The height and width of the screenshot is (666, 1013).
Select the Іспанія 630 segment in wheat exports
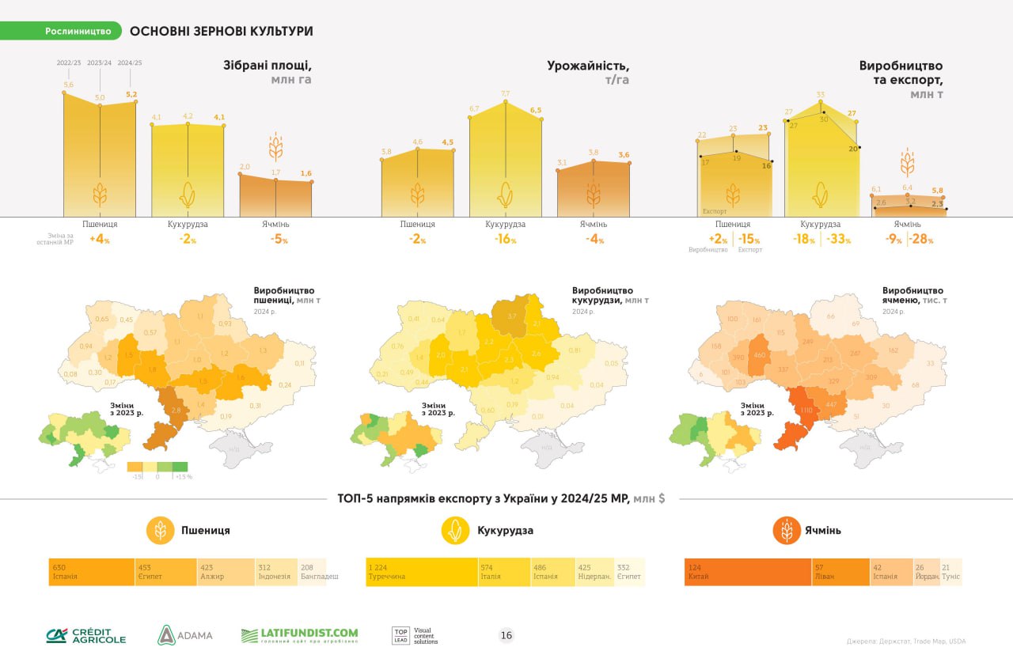pos(91,572)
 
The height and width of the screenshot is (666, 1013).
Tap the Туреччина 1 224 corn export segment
pos(421,572)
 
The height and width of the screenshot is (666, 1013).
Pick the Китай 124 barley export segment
pos(747,572)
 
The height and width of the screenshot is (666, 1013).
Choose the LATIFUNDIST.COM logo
pos(299,635)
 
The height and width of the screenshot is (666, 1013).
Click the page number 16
pos(506,635)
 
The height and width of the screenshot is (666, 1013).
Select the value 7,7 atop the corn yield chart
pos(506,93)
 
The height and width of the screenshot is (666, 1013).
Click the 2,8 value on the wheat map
pos(176,411)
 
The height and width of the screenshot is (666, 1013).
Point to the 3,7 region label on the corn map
pos(511,316)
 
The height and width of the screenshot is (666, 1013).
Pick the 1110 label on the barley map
pos(806,410)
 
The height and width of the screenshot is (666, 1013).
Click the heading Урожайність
pos(588,66)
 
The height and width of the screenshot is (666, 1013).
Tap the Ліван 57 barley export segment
pos(840,572)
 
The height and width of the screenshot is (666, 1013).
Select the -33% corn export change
pos(839,240)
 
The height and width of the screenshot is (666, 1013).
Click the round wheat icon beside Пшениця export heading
pos(161,531)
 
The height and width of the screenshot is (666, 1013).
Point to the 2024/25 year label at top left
pos(130,62)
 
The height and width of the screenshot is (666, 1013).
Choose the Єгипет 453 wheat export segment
pos(165,572)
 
